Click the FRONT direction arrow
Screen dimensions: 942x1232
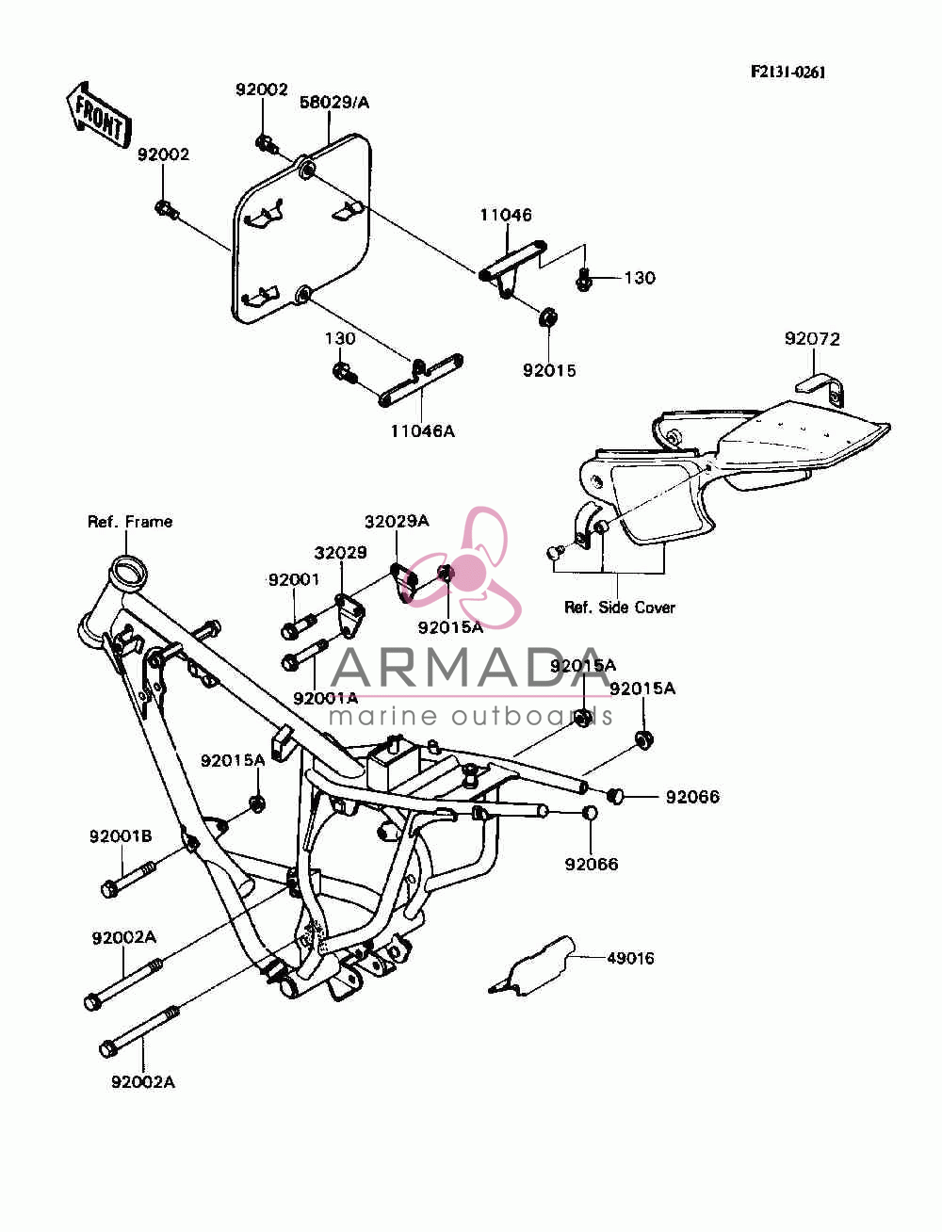coord(98,116)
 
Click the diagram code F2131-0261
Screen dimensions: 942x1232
coord(788,72)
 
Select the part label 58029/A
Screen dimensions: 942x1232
coord(334,103)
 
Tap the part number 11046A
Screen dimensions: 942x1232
coord(423,431)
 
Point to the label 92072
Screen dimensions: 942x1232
coord(812,339)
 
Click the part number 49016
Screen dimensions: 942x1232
coord(630,958)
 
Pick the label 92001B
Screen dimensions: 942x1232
coord(121,836)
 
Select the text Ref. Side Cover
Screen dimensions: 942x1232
coord(619,608)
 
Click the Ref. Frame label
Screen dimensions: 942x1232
coord(130,522)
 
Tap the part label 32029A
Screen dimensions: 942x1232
coord(397,522)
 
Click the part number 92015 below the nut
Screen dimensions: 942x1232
coord(549,370)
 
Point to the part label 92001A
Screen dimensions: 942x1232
coord(325,698)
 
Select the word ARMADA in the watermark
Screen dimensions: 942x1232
coord(470,668)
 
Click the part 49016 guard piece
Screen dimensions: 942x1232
coord(531,966)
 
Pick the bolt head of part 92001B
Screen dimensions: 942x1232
coord(109,890)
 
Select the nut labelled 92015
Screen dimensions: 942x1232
coord(546,317)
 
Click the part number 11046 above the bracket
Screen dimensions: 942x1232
coord(505,215)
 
